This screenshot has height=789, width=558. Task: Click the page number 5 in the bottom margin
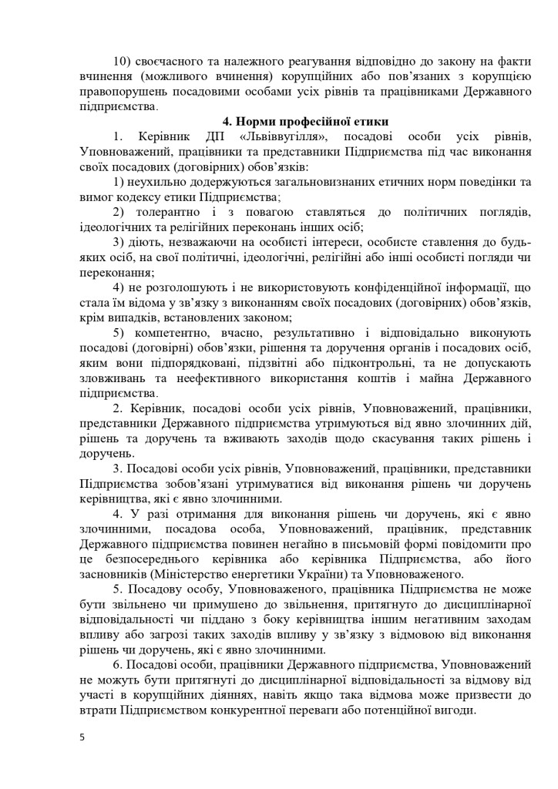[82, 737]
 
